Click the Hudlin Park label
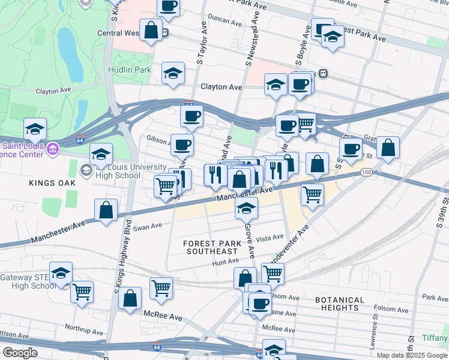click(129, 70)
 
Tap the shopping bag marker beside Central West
click(151, 29)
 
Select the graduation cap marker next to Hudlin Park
click(173, 73)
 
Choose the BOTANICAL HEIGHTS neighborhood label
click(339, 304)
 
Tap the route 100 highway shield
click(366, 172)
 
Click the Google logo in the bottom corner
click(20, 353)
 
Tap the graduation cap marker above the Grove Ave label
click(246, 208)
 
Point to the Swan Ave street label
click(148, 227)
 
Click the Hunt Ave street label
click(225, 262)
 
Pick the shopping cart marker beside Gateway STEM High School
click(82, 292)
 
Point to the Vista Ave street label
click(270, 238)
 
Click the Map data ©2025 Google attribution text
click(412, 355)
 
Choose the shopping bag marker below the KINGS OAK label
click(106, 211)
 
